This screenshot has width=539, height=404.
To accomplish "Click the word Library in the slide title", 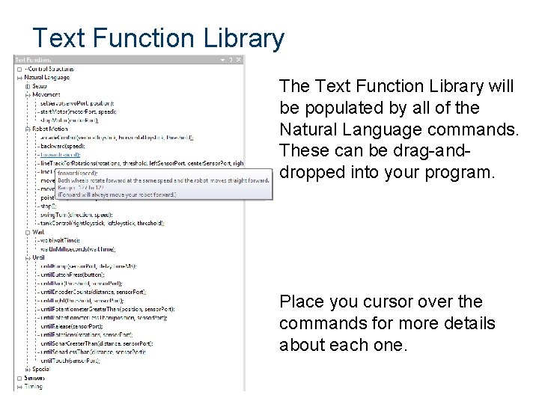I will pyautogui.click(x=237, y=37).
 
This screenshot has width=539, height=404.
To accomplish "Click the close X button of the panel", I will pyautogui.click(x=239, y=60).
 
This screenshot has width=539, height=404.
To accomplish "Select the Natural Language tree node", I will pyautogui.click(x=47, y=76).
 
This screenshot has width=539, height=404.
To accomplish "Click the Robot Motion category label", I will pyautogui.click(x=50, y=129).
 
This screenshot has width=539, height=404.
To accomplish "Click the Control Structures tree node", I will pyautogui.click(x=50, y=68).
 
